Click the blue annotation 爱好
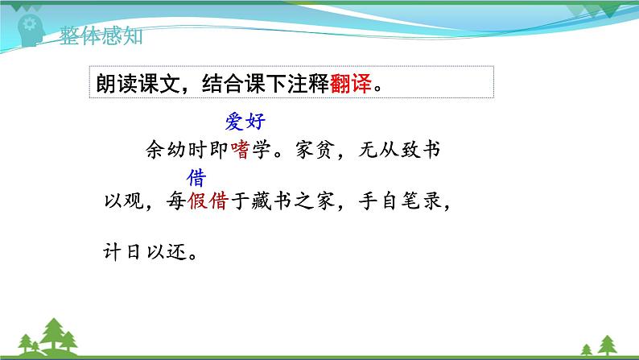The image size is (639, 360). (245, 122)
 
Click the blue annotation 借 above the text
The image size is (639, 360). (196, 178)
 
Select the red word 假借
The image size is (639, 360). (208, 202)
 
